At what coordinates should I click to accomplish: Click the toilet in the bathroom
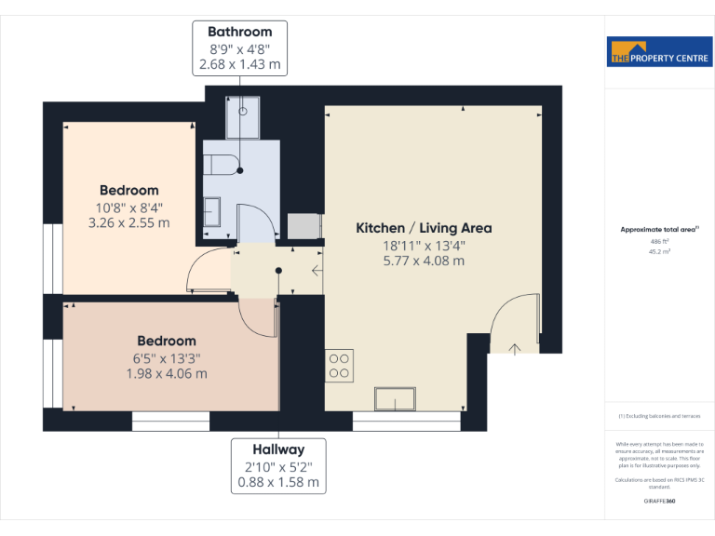220,165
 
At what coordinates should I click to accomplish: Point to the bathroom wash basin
212,212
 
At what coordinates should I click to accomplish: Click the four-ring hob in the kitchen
339,365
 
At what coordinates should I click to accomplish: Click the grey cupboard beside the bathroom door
304,227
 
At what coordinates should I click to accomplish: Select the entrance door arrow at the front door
514,348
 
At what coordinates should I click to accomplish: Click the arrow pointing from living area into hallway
317,272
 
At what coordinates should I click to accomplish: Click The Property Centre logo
659,52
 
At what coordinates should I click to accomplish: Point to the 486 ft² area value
659,241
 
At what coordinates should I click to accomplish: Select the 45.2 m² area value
659,250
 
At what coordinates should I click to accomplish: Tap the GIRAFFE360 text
659,502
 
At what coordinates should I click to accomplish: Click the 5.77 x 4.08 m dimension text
424,261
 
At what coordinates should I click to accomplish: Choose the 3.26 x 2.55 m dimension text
129,222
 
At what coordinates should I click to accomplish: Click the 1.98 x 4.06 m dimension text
167,373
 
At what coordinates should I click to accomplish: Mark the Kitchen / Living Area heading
424,228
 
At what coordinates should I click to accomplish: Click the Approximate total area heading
659,229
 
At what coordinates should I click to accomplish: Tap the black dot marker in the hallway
278,272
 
